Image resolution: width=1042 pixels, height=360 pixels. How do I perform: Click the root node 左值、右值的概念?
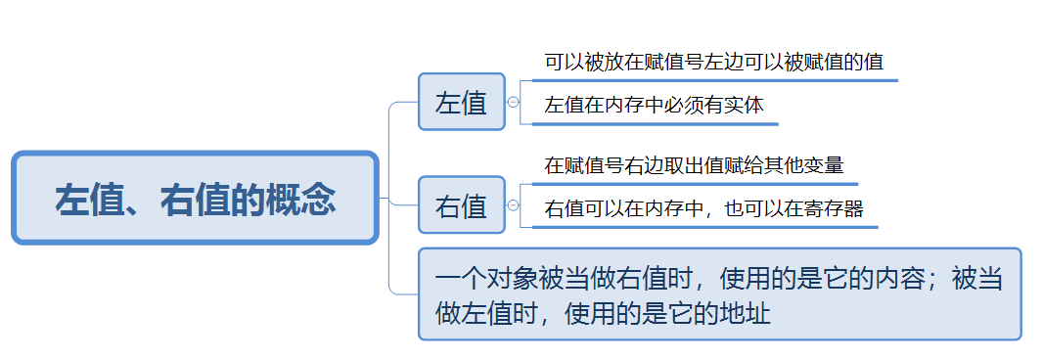[x=195, y=199]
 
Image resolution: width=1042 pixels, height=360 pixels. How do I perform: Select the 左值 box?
[x=461, y=102]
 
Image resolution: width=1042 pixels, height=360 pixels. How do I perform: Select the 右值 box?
[x=461, y=205]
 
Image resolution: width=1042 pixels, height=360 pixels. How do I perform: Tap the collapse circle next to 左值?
[x=513, y=102]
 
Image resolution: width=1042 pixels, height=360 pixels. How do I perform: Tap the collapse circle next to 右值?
[x=513, y=205]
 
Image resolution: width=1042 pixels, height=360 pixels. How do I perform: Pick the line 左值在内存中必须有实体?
[x=654, y=106]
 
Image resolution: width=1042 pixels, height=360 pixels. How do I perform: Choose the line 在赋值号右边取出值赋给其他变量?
[x=694, y=165]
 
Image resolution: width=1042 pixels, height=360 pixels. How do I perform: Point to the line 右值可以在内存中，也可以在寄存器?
[x=703, y=209]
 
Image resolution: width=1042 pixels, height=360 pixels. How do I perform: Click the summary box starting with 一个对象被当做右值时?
[x=719, y=294]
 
